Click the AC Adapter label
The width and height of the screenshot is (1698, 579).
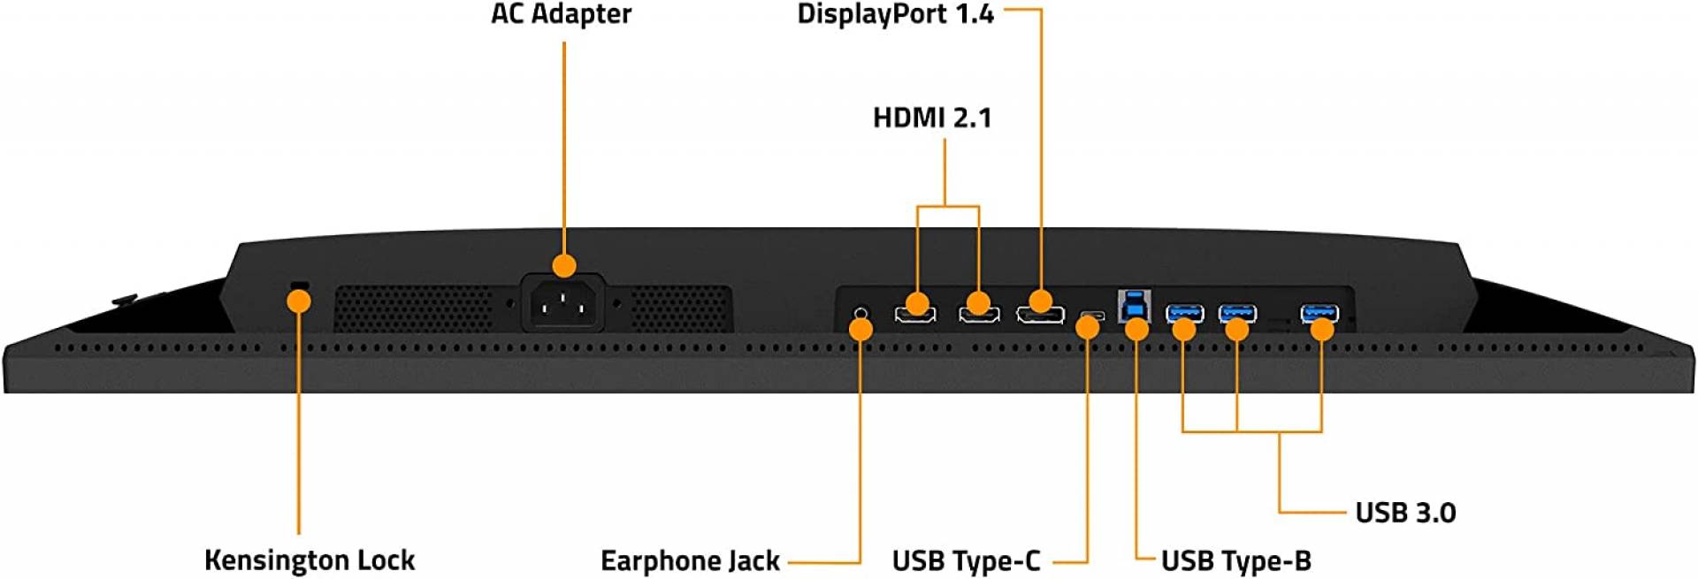tap(561, 14)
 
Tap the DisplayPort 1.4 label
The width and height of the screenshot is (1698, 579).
tap(895, 15)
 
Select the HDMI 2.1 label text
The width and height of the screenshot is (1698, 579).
tap(932, 118)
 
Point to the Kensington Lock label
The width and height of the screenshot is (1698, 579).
tap(310, 560)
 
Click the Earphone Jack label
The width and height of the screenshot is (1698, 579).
tap(690, 560)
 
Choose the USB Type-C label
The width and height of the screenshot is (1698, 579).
tap(966, 560)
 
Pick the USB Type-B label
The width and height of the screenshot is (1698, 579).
tap(1236, 560)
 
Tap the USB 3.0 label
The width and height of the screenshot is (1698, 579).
tap(1405, 512)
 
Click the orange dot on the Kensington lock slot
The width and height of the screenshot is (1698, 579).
tap(300, 301)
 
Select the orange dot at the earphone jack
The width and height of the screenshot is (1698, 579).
tap(860, 329)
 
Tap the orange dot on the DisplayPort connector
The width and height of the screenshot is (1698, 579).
tap(1040, 301)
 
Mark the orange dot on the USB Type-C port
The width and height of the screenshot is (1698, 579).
tap(1088, 327)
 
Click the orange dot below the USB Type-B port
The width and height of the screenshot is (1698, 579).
tap(1136, 330)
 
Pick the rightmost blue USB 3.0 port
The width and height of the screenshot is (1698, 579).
tap(1319, 312)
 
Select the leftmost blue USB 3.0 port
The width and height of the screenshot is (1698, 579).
tap(1184, 312)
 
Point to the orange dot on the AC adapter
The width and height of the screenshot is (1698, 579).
tap(563, 265)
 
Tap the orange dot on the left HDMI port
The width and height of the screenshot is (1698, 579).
tap(917, 305)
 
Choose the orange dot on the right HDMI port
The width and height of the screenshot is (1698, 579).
tap(978, 305)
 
